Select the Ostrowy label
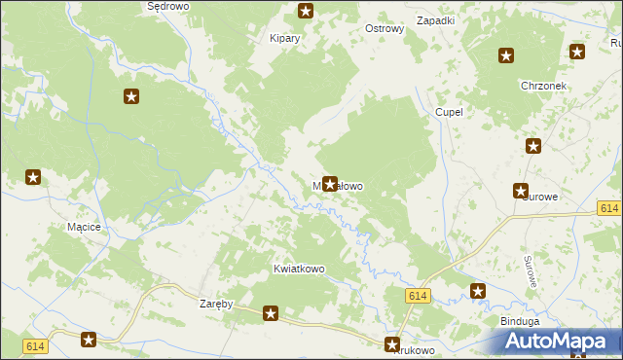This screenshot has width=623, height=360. click(x=384, y=29)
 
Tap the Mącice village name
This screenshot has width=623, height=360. click(x=84, y=227)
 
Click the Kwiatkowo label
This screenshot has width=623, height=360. click(x=299, y=269)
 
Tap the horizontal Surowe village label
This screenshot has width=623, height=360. click(x=539, y=197)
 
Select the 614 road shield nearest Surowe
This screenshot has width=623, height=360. click(x=609, y=208)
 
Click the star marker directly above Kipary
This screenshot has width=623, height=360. click(x=306, y=12)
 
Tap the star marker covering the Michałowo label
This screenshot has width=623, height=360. click(x=330, y=183)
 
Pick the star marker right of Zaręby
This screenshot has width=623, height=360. click(x=271, y=313)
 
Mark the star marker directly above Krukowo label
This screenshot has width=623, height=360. click(x=393, y=343)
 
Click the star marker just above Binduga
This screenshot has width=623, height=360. click(x=478, y=291)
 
